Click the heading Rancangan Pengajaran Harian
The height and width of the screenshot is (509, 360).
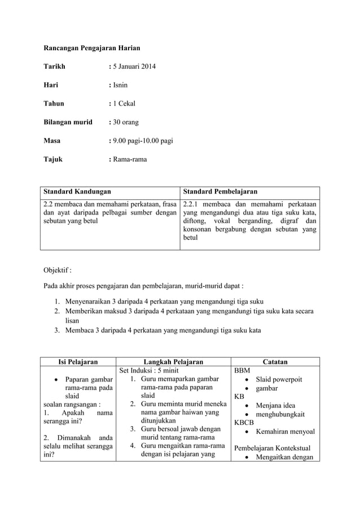[x=92, y=48]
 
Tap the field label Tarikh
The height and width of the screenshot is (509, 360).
[x=55, y=67]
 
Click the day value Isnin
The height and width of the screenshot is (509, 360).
[x=120, y=85]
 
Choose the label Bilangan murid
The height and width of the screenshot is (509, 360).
[x=68, y=122]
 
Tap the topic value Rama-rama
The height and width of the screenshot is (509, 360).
[x=129, y=159]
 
